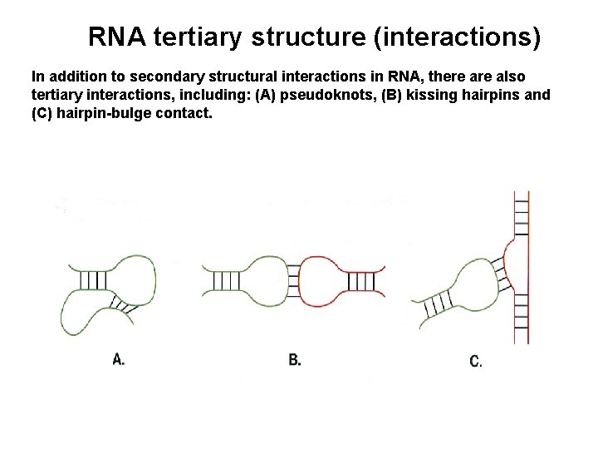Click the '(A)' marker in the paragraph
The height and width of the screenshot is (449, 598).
264,94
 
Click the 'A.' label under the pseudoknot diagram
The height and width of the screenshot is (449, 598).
119,359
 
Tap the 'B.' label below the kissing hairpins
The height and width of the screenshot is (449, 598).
295,359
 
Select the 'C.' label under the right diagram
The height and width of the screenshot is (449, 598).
476,361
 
